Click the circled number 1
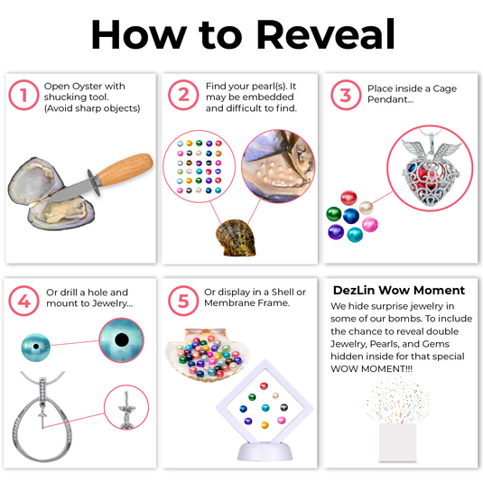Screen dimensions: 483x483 [x=23, y=95]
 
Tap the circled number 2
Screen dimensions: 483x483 [x=183, y=95]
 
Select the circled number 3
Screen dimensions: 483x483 [x=346, y=95]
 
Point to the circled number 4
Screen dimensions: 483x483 [x=23, y=301]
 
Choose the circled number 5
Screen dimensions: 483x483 [x=183, y=301]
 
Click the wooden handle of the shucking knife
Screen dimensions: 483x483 [x=125, y=170]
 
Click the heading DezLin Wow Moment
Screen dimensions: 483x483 [x=399, y=290]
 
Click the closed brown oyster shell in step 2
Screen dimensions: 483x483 [x=236, y=237]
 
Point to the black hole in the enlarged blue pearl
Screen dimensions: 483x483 [x=122, y=339]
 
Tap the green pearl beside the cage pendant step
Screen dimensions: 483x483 [x=334, y=214]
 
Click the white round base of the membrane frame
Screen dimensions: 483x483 [x=265, y=451]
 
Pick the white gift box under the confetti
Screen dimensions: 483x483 [x=397, y=442]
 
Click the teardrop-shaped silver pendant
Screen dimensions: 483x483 [x=42, y=428]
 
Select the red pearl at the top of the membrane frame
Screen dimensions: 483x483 [x=264, y=386]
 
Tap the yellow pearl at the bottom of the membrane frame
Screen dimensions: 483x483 [x=265, y=425]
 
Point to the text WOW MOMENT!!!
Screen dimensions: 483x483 [x=371, y=368]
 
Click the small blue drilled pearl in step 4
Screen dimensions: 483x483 [x=36, y=347]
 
